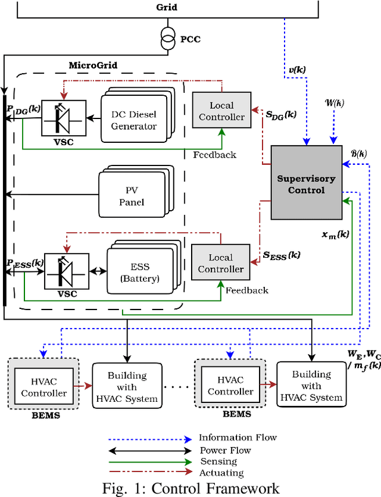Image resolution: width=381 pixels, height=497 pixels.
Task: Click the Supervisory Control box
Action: click(x=307, y=182)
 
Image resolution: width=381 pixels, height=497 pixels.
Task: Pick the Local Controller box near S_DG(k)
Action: click(x=221, y=111)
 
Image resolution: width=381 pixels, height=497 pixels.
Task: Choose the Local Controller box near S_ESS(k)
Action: click(x=220, y=263)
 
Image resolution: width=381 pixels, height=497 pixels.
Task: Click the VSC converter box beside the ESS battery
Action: click(x=66, y=271)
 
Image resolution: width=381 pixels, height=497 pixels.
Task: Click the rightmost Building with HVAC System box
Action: click(x=310, y=385)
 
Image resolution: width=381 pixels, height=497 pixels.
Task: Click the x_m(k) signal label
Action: click(x=335, y=234)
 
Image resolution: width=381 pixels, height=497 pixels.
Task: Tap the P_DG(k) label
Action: click(x=24, y=110)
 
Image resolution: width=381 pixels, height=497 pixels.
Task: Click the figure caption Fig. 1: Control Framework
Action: click(x=190, y=488)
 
